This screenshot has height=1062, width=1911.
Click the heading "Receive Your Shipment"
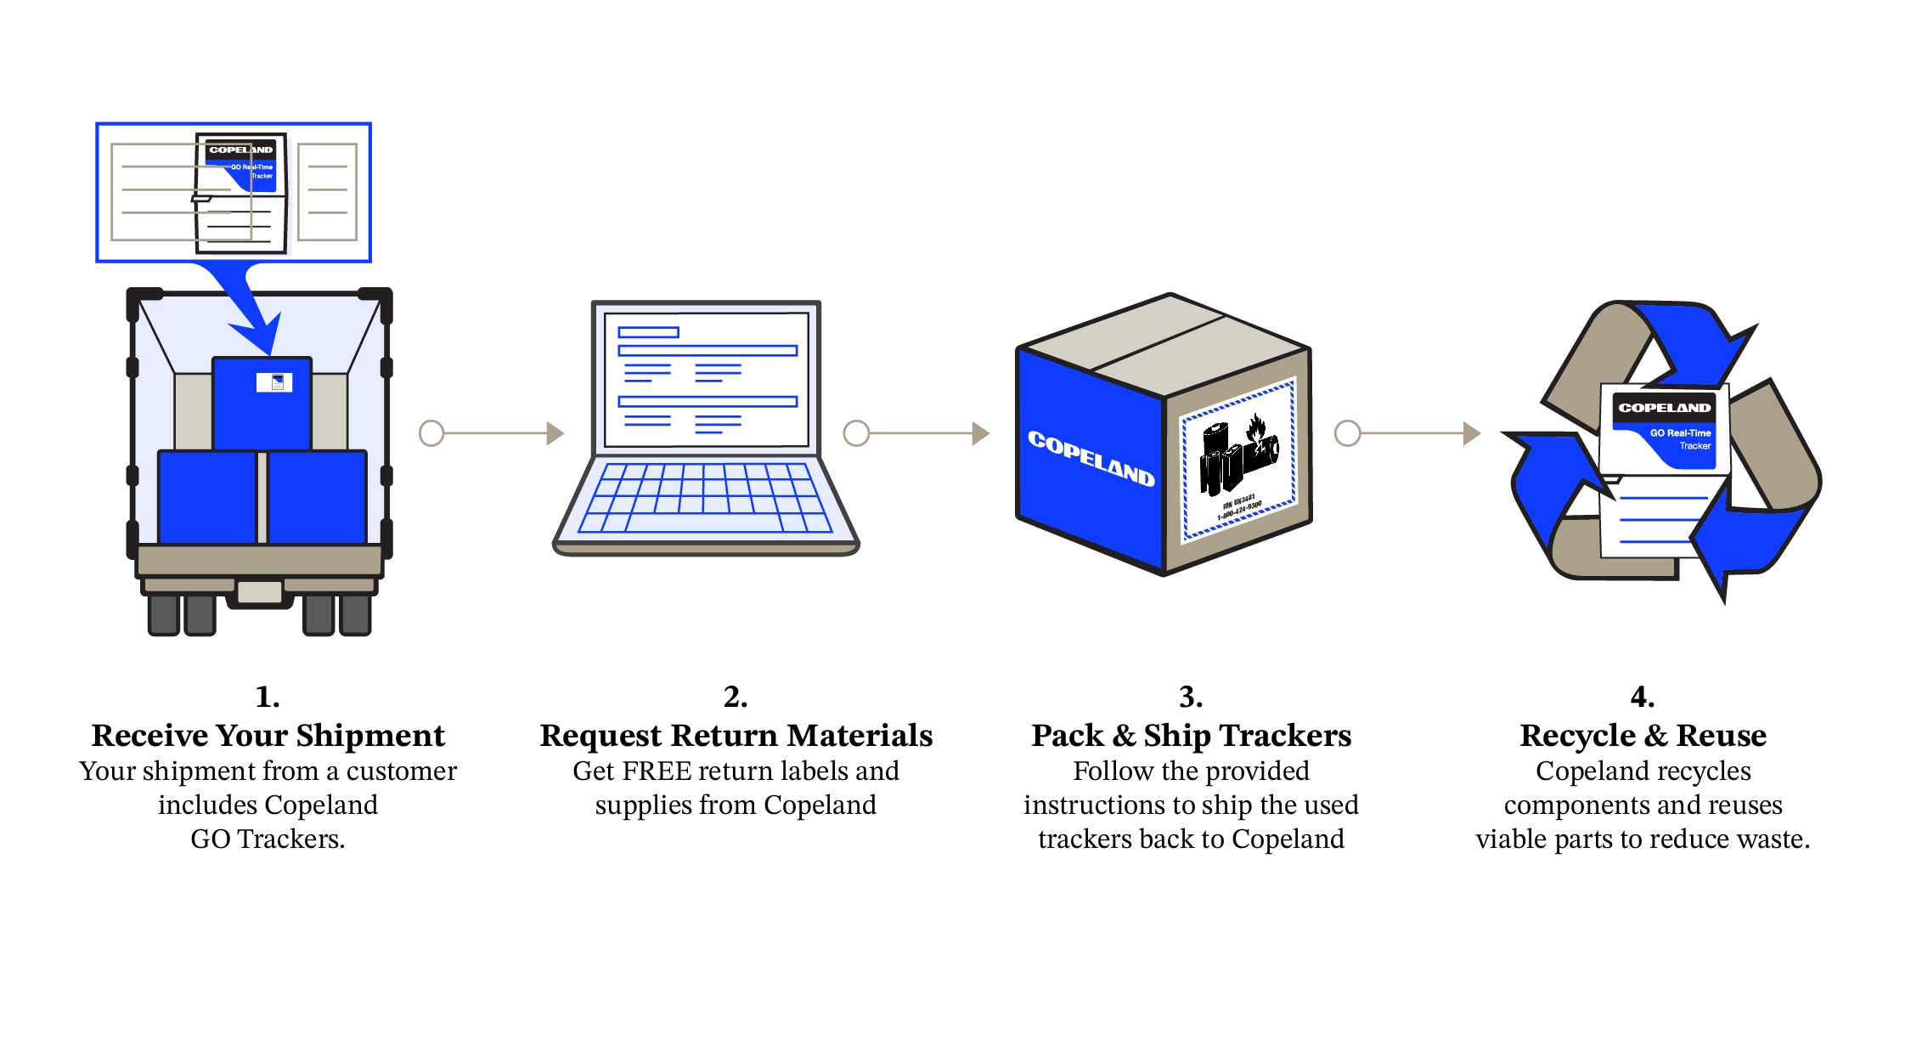(268, 736)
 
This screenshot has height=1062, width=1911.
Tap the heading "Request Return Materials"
(736, 736)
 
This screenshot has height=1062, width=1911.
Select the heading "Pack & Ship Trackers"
(1191, 736)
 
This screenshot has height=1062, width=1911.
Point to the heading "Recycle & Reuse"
(1643, 736)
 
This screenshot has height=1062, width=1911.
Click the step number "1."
(268, 698)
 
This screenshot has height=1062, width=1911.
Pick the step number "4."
(1643, 698)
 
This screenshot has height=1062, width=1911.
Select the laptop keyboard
(705, 499)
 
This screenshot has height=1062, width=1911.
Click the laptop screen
(707, 379)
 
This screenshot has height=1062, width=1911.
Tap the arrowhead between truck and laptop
(555, 433)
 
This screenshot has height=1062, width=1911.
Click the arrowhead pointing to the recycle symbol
(1472, 433)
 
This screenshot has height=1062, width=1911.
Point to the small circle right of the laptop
(856, 433)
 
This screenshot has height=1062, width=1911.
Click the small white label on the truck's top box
(274, 382)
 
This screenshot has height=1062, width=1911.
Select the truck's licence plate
(260, 591)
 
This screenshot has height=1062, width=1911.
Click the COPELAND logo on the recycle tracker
(1664, 408)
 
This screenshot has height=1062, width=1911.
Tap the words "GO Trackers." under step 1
(268, 839)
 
